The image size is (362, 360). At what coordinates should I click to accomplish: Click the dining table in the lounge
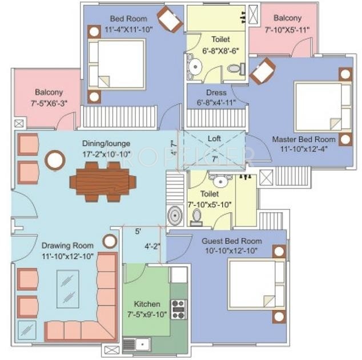(x=103, y=182)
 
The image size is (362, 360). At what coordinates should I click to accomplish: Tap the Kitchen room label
(x=147, y=304)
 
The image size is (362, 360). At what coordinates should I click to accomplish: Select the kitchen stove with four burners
(x=179, y=309)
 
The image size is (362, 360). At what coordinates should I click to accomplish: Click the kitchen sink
(x=137, y=345)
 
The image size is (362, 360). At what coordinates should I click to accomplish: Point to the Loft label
(x=214, y=139)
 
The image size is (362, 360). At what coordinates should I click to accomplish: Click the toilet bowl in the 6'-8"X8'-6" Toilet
(x=236, y=68)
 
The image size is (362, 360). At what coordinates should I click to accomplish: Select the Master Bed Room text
(x=304, y=139)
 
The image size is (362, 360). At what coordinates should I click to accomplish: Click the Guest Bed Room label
(x=232, y=241)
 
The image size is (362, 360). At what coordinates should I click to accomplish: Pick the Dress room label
(x=216, y=92)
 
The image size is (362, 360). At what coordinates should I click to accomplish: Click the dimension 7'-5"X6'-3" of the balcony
(x=49, y=103)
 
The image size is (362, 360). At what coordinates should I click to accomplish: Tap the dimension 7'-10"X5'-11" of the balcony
(x=287, y=30)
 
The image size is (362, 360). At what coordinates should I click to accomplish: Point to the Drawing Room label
(x=67, y=245)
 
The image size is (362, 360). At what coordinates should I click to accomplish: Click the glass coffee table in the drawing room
(x=68, y=289)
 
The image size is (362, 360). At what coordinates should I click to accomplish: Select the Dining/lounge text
(x=106, y=143)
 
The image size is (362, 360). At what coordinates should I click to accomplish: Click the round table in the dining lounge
(x=55, y=160)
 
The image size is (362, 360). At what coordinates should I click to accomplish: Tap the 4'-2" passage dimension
(x=152, y=246)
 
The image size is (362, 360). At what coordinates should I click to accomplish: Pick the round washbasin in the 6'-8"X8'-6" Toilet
(x=195, y=67)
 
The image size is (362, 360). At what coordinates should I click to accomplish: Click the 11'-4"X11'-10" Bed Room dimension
(x=129, y=30)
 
